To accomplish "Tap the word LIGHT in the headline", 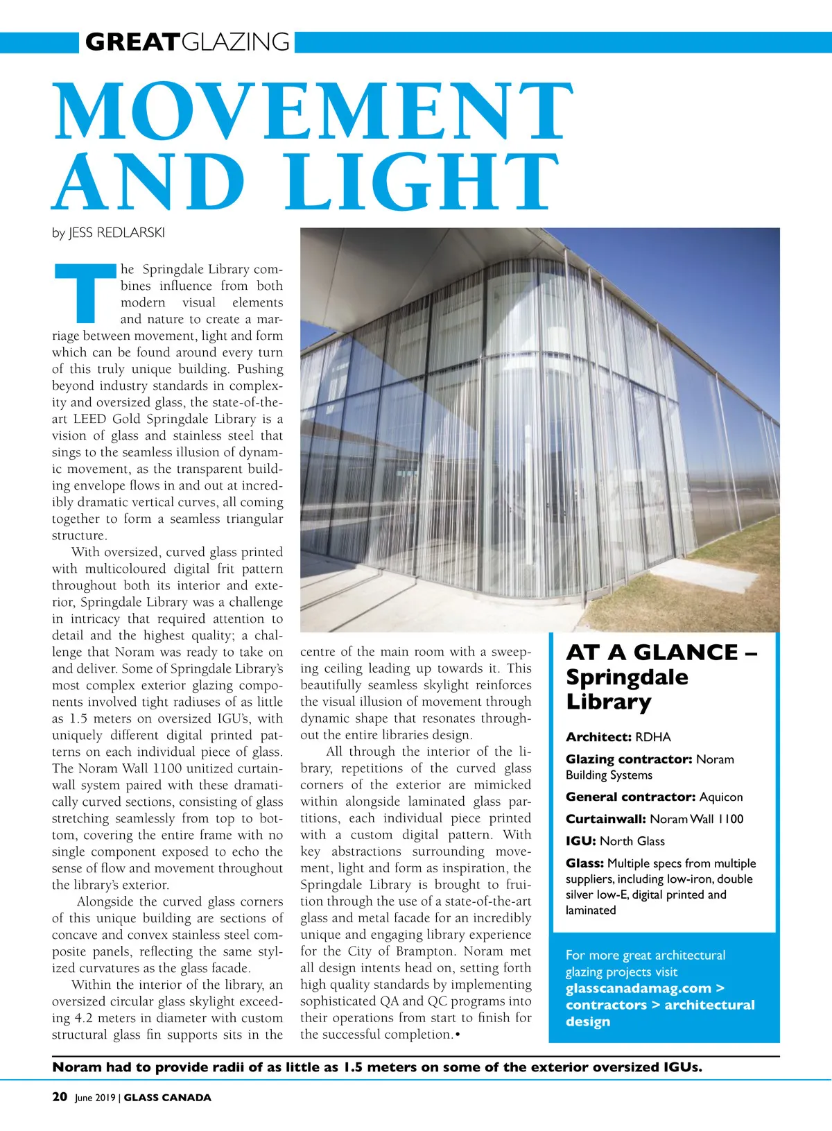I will [x=423, y=182].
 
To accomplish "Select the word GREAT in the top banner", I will [x=132, y=42].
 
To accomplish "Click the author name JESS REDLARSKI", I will [x=116, y=233].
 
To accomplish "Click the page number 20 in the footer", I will [x=60, y=1097].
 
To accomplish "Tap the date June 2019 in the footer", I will [x=95, y=1098].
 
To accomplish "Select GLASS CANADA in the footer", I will [x=167, y=1098].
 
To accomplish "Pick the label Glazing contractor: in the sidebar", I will [x=629, y=759].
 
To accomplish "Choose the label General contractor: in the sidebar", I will [x=630, y=797].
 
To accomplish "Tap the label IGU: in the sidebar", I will [x=580, y=841].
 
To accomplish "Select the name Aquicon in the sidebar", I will [x=721, y=797].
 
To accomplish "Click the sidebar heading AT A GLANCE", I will [x=652, y=653].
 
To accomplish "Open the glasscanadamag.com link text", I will [x=639, y=988].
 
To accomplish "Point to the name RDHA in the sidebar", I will [x=653, y=737].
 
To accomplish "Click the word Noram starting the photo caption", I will [x=76, y=1067].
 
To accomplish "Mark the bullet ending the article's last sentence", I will [x=458, y=1035].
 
